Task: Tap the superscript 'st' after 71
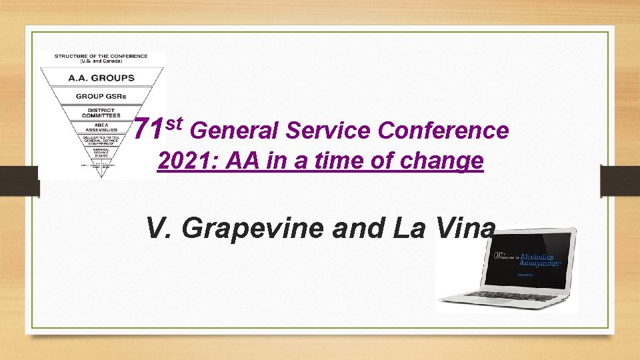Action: click(173, 123)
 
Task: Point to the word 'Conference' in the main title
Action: click(443, 131)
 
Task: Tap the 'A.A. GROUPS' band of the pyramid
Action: click(101, 78)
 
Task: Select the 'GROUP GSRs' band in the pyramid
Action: click(101, 96)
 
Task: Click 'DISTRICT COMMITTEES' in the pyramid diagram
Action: click(101, 113)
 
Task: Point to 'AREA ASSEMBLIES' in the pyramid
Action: click(101, 127)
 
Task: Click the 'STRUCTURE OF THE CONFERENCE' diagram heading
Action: click(101, 56)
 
